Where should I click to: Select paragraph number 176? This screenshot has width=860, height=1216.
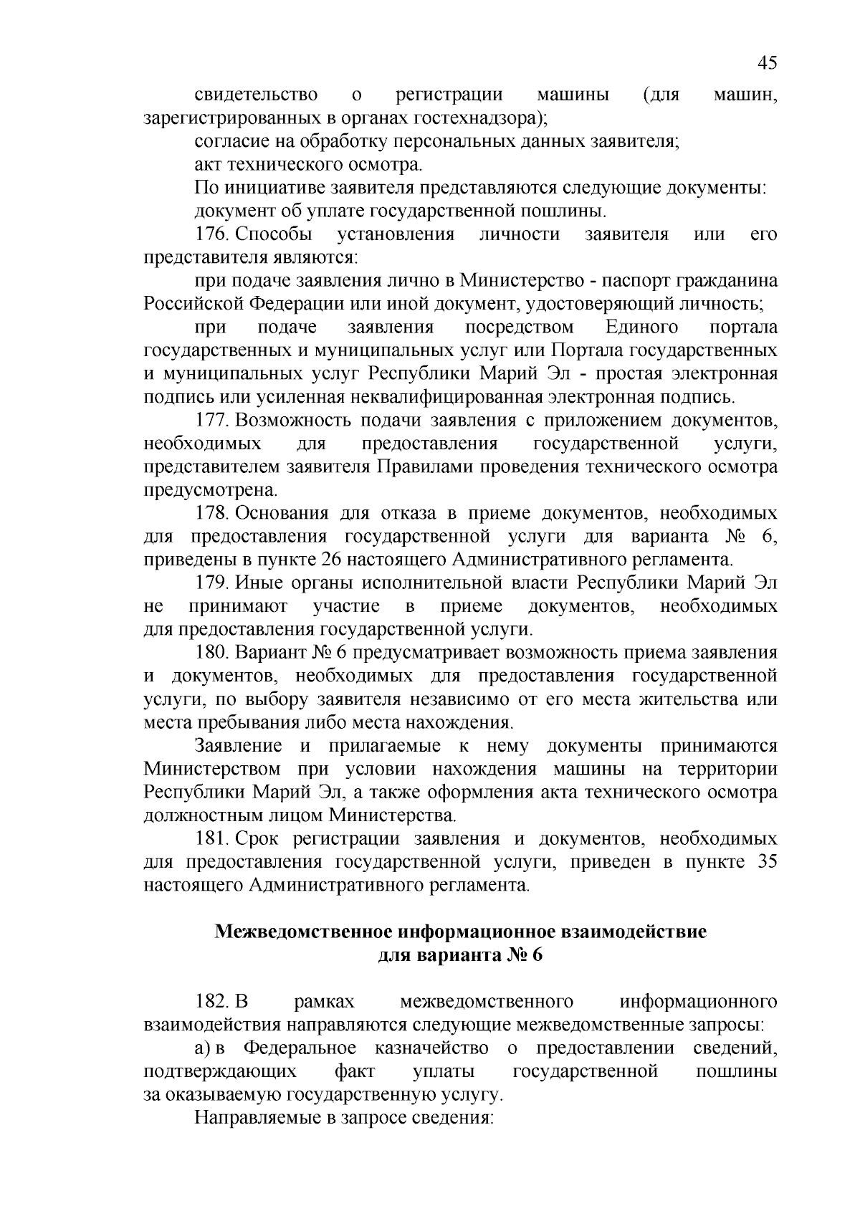211,234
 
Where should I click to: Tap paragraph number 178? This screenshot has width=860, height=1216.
211,514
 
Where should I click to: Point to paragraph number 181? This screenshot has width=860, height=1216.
211,839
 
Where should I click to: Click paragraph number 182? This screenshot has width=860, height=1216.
211,1001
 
